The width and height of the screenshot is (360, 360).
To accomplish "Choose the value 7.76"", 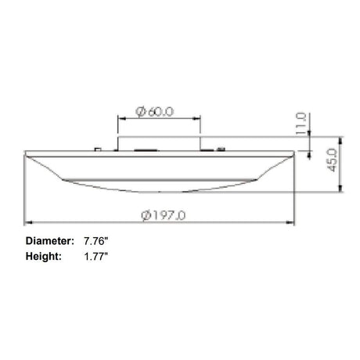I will pos(96,242).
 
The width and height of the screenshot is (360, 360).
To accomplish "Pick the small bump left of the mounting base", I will pos(97,146).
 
